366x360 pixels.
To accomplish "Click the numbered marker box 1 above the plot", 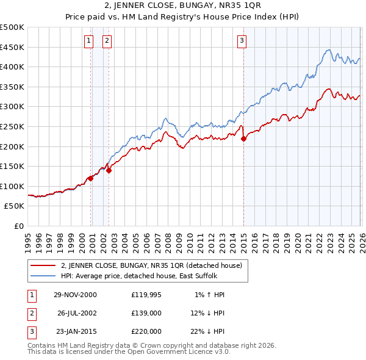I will click(89, 41).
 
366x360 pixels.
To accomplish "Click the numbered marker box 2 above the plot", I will click(107, 41).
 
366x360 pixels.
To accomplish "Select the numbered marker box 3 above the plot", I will click(242, 41).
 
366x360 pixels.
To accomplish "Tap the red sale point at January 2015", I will click(243, 139).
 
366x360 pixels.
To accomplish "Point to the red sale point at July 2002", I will click(109, 171).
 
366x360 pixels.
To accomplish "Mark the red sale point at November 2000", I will click(91, 178).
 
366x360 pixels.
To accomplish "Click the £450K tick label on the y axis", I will click(12, 47).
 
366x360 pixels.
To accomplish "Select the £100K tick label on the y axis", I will click(12, 186).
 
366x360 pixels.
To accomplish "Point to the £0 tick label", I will click(18, 226).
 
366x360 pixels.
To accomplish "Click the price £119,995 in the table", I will click(146, 295).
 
